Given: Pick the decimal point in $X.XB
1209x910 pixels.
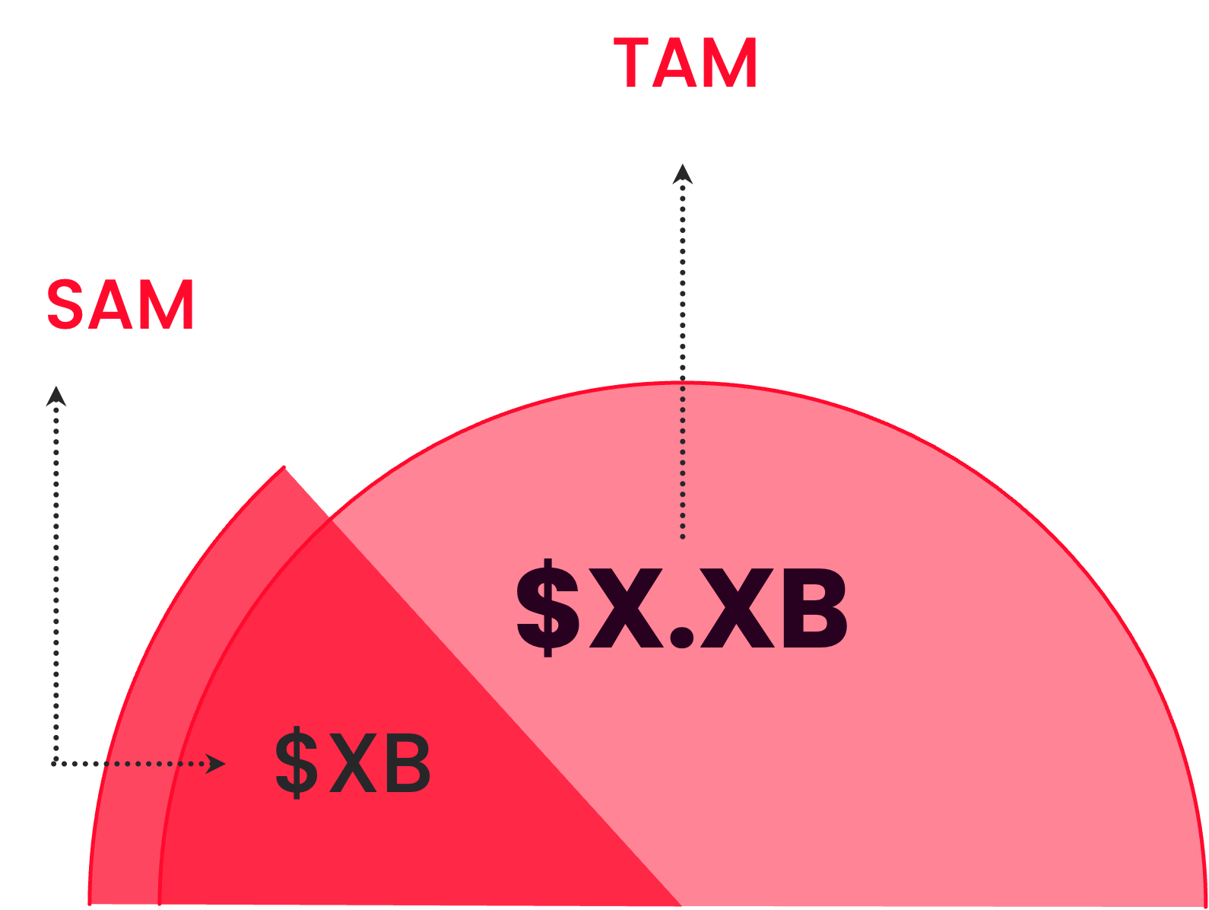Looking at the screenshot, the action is coord(682,637).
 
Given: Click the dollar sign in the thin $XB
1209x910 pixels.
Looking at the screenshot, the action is coord(296,763).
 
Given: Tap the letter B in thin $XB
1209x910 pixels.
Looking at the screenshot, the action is coord(405,763).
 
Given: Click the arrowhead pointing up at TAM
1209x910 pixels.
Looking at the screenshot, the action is coord(683,174).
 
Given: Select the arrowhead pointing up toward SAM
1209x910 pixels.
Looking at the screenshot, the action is coord(56,396).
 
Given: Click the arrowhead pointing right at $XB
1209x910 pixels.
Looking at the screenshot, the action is coord(216,764).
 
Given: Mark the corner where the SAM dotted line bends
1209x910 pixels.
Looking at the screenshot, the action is coord(56,762).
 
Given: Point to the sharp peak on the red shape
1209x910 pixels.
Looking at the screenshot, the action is coord(284,467).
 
